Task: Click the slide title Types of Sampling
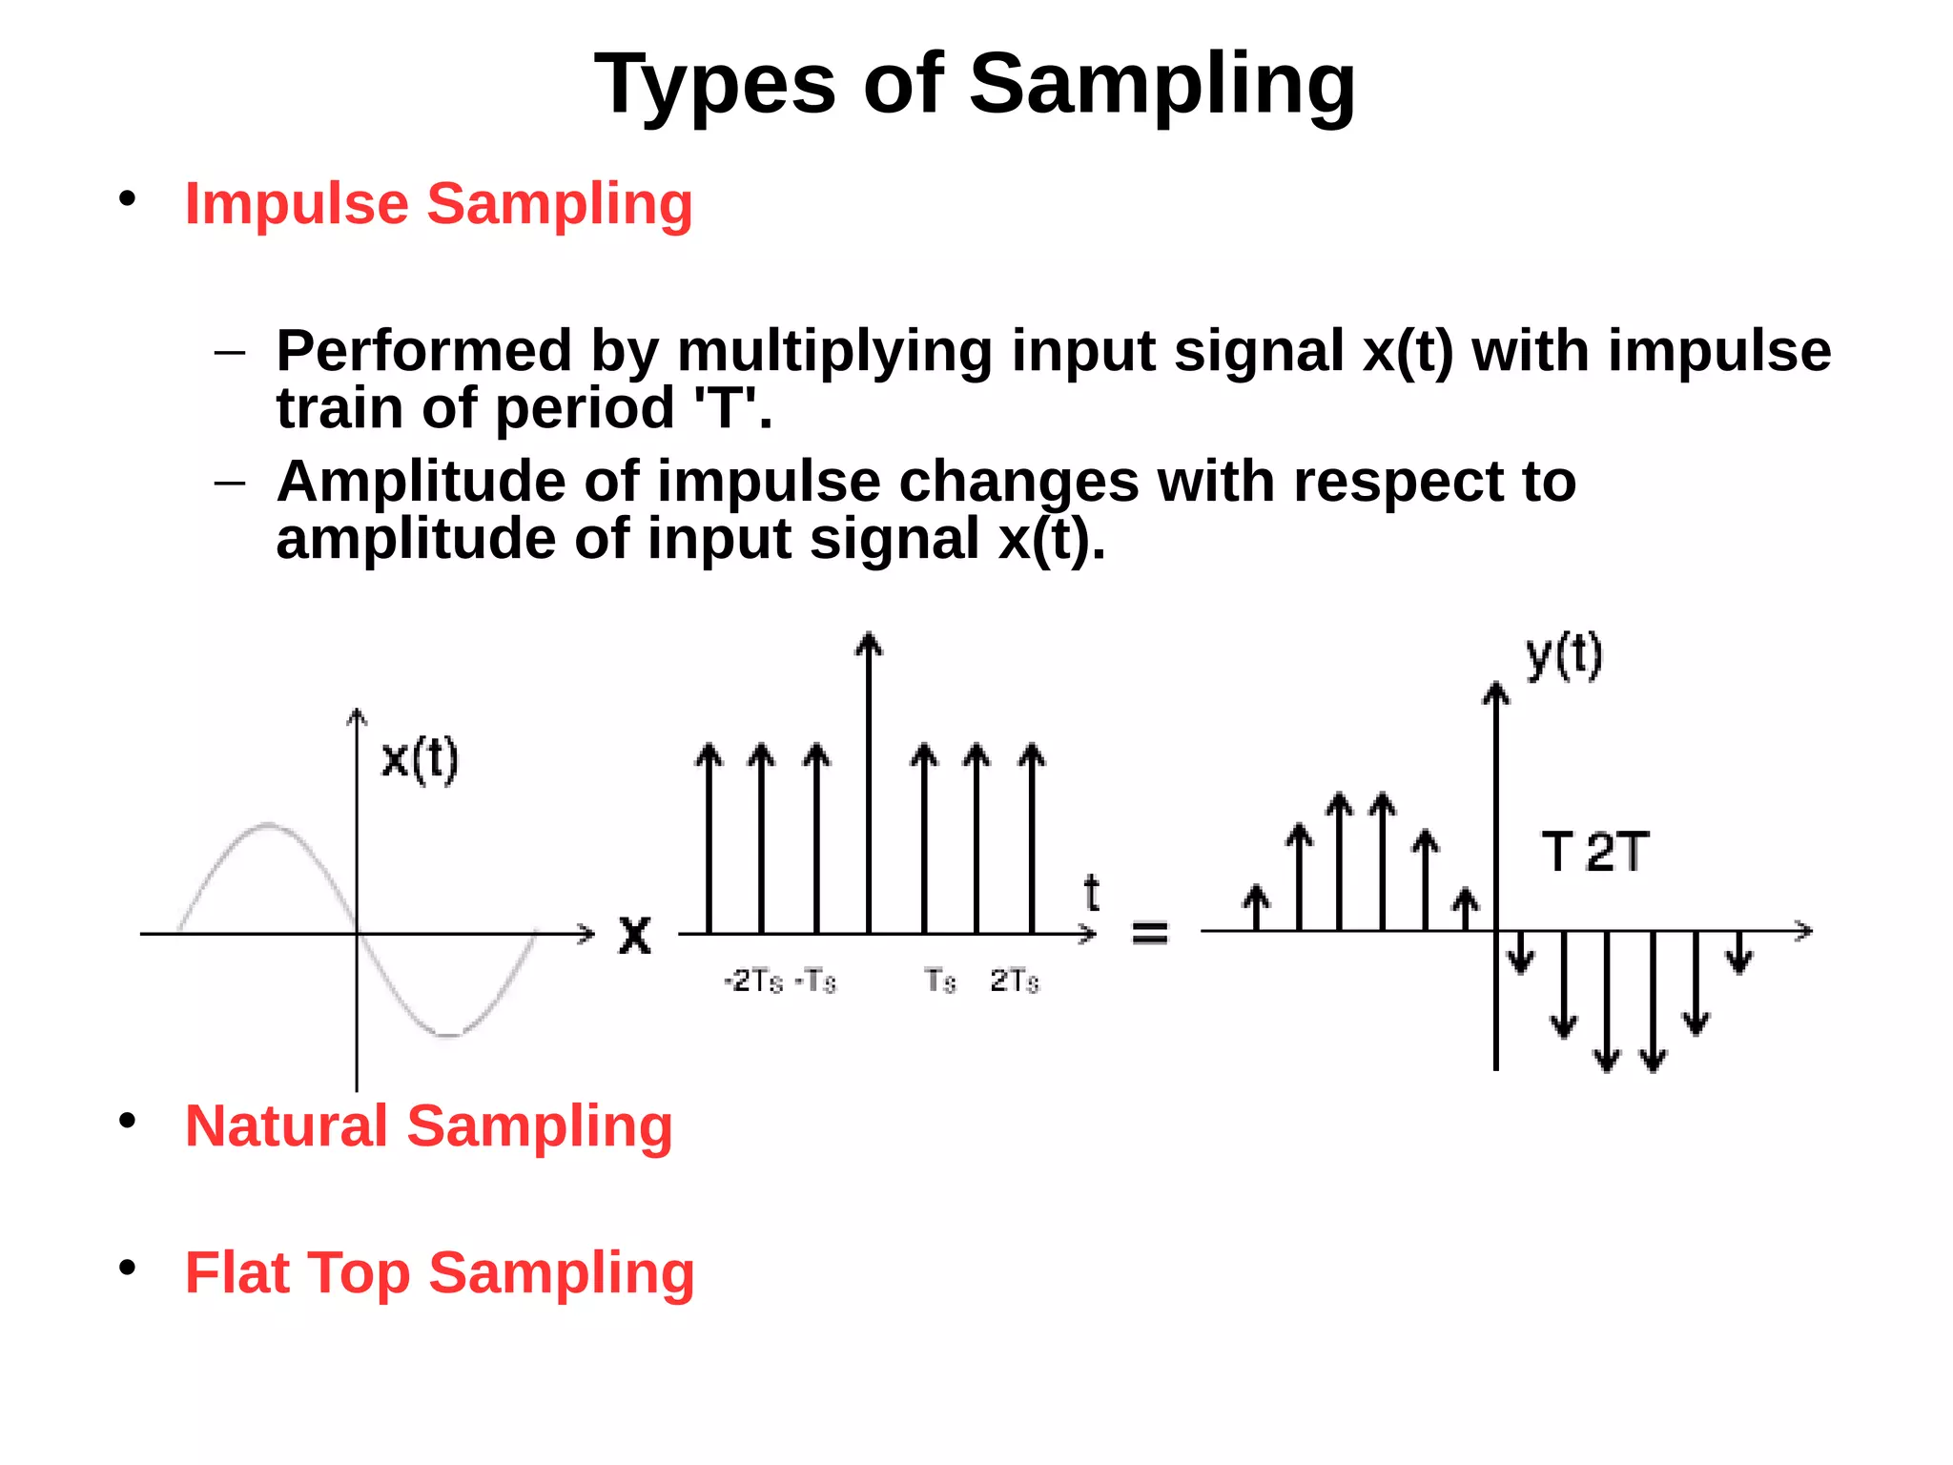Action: point(975,86)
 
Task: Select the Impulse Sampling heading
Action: point(438,204)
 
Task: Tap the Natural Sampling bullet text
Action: point(428,1126)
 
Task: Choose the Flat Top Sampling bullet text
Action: point(439,1273)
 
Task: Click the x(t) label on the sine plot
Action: point(420,760)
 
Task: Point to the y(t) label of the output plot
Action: point(1564,657)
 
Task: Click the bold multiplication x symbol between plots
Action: point(635,935)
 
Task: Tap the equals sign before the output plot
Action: point(1149,932)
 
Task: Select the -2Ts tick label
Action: point(753,980)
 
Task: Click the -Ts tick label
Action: point(816,980)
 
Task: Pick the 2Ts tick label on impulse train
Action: point(1015,980)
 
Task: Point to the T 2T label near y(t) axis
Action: point(1594,852)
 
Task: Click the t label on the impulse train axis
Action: point(1092,894)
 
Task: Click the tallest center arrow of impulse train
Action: point(869,782)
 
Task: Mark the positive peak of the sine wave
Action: point(269,824)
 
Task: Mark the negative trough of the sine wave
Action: point(448,1034)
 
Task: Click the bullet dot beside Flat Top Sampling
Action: point(128,1268)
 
